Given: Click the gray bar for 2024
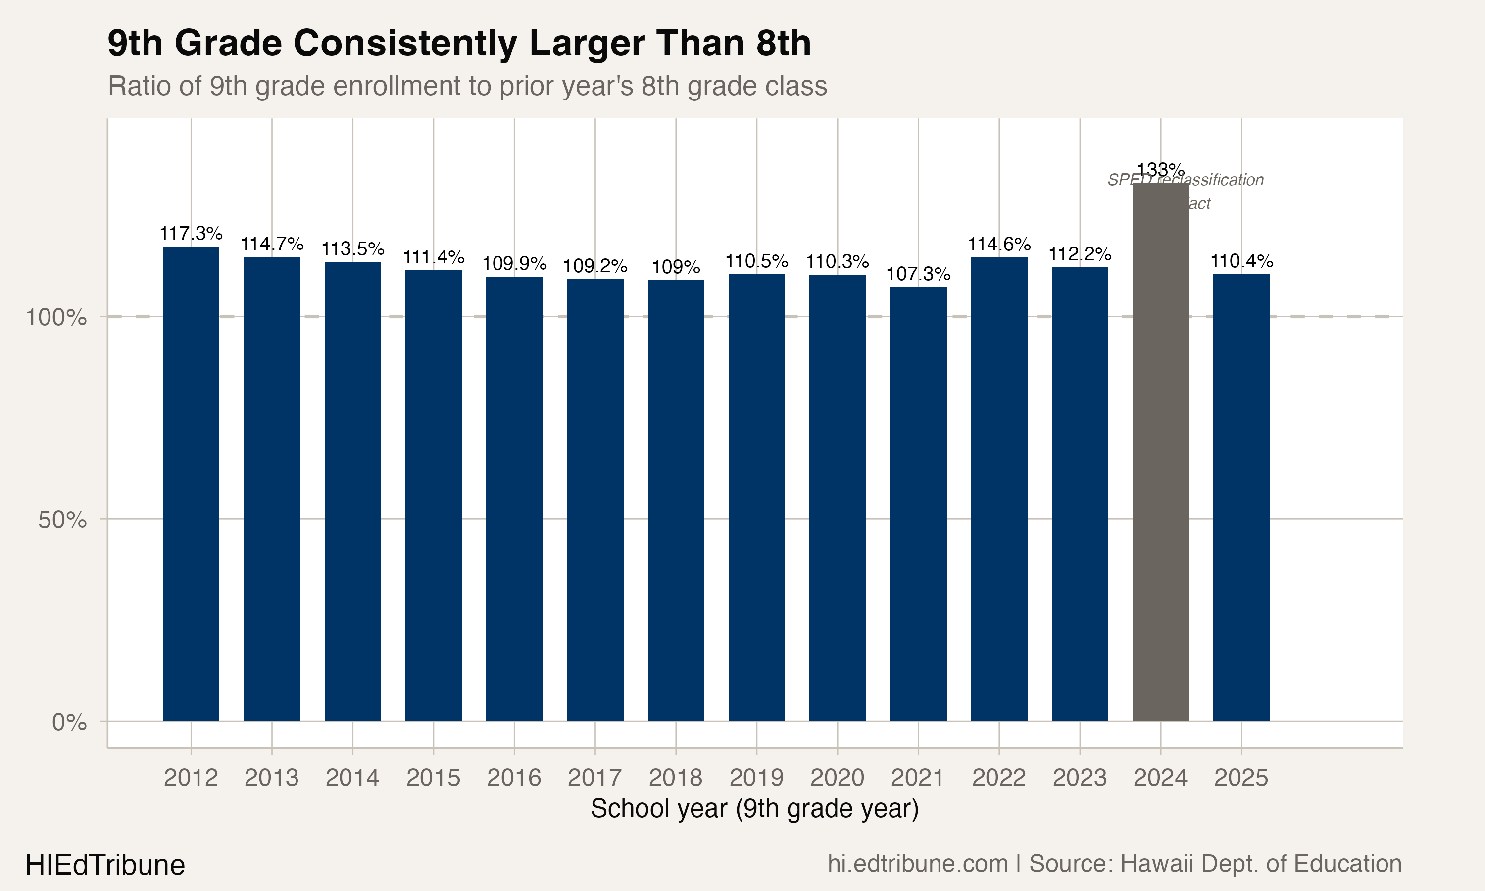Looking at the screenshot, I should pos(1160,456).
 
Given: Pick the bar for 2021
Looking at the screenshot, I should pos(918,504).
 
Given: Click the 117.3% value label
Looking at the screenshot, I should pos(191,233).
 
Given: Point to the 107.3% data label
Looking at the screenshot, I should pos(918,274).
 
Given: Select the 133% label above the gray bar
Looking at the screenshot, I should pos(1160,169).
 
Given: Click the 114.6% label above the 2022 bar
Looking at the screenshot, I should pos(999,245).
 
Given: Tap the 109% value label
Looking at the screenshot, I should pos(676,267).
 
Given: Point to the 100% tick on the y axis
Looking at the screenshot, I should pos(56,317).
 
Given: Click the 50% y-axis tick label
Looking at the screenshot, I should pos(62,520).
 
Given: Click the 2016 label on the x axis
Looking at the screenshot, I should pos(514,778).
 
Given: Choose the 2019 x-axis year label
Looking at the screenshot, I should pos(756,778).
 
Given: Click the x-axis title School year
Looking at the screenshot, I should pos(754,809).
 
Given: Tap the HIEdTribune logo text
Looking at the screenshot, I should pos(105,865).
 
